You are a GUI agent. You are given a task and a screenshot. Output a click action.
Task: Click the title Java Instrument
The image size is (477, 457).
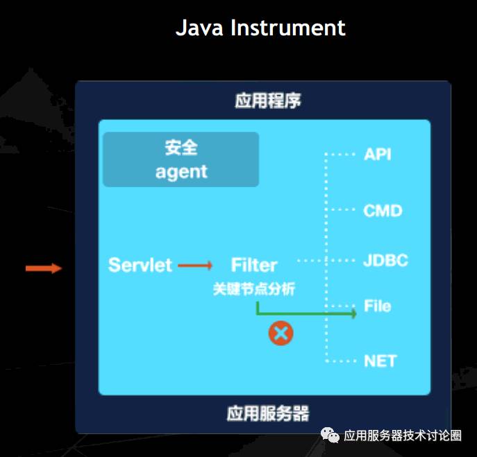260,28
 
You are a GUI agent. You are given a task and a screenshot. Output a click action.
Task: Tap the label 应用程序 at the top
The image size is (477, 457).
267,101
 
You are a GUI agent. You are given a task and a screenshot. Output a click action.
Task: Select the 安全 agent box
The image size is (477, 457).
181,159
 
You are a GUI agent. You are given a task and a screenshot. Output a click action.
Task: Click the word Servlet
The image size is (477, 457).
140,265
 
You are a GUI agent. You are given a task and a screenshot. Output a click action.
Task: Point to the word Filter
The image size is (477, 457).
254,265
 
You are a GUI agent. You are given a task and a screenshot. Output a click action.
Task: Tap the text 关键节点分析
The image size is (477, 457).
254,288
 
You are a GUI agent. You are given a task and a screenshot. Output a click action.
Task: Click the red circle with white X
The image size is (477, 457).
281,334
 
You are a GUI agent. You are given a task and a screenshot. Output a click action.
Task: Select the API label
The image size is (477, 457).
378,154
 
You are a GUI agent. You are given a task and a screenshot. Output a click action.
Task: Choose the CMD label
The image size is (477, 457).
383,210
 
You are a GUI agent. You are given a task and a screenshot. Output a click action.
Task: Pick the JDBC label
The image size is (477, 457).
385,261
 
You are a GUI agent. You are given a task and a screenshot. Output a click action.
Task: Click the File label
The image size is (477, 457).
377,306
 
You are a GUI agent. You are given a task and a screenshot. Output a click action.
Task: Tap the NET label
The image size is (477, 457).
380,361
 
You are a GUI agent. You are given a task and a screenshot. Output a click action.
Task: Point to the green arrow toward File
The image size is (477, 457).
312,313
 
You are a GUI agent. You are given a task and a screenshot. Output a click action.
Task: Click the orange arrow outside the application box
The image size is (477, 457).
44,268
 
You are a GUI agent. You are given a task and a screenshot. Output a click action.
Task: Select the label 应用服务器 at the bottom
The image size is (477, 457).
267,414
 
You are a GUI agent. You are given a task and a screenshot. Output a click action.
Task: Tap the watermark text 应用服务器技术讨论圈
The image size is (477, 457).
403,436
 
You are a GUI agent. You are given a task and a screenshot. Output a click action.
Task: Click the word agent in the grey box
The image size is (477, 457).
181,171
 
